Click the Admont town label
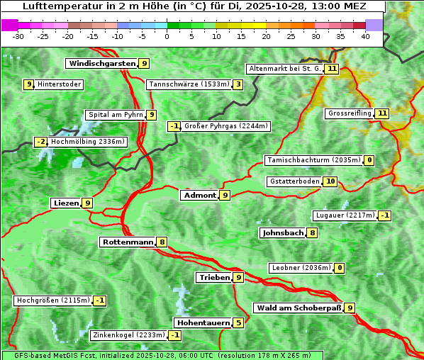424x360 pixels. pyautogui.click(x=199, y=195)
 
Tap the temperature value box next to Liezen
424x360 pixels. pyautogui.click(x=88, y=203)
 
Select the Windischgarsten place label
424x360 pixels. pyautogui.click(x=101, y=64)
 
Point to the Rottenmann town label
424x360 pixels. pyautogui.click(x=128, y=242)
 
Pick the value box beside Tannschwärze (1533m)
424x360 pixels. pyautogui.click(x=238, y=85)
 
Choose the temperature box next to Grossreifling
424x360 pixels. pyautogui.click(x=382, y=113)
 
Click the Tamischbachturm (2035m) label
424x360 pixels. pyautogui.click(x=313, y=160)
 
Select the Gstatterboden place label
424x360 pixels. pyautogui.click(x=294, y=181)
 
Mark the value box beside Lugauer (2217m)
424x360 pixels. pyautogui.click(x=384, y=215)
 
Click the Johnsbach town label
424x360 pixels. pyautogui.click(x=283, y=232)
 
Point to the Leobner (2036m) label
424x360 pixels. pyautogui.click(x=301, y=268)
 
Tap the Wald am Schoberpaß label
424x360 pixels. pyautogui.click(x=298, y=308)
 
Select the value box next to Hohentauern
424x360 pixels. pyautogui.click(x=239, y=323)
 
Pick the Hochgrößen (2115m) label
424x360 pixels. pyautogui.click(x=53, y=300)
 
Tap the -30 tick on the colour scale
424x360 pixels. pyautogui.click(x=18, y=35)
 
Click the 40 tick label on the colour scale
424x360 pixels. pyautogui.click(x=365, y=35)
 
